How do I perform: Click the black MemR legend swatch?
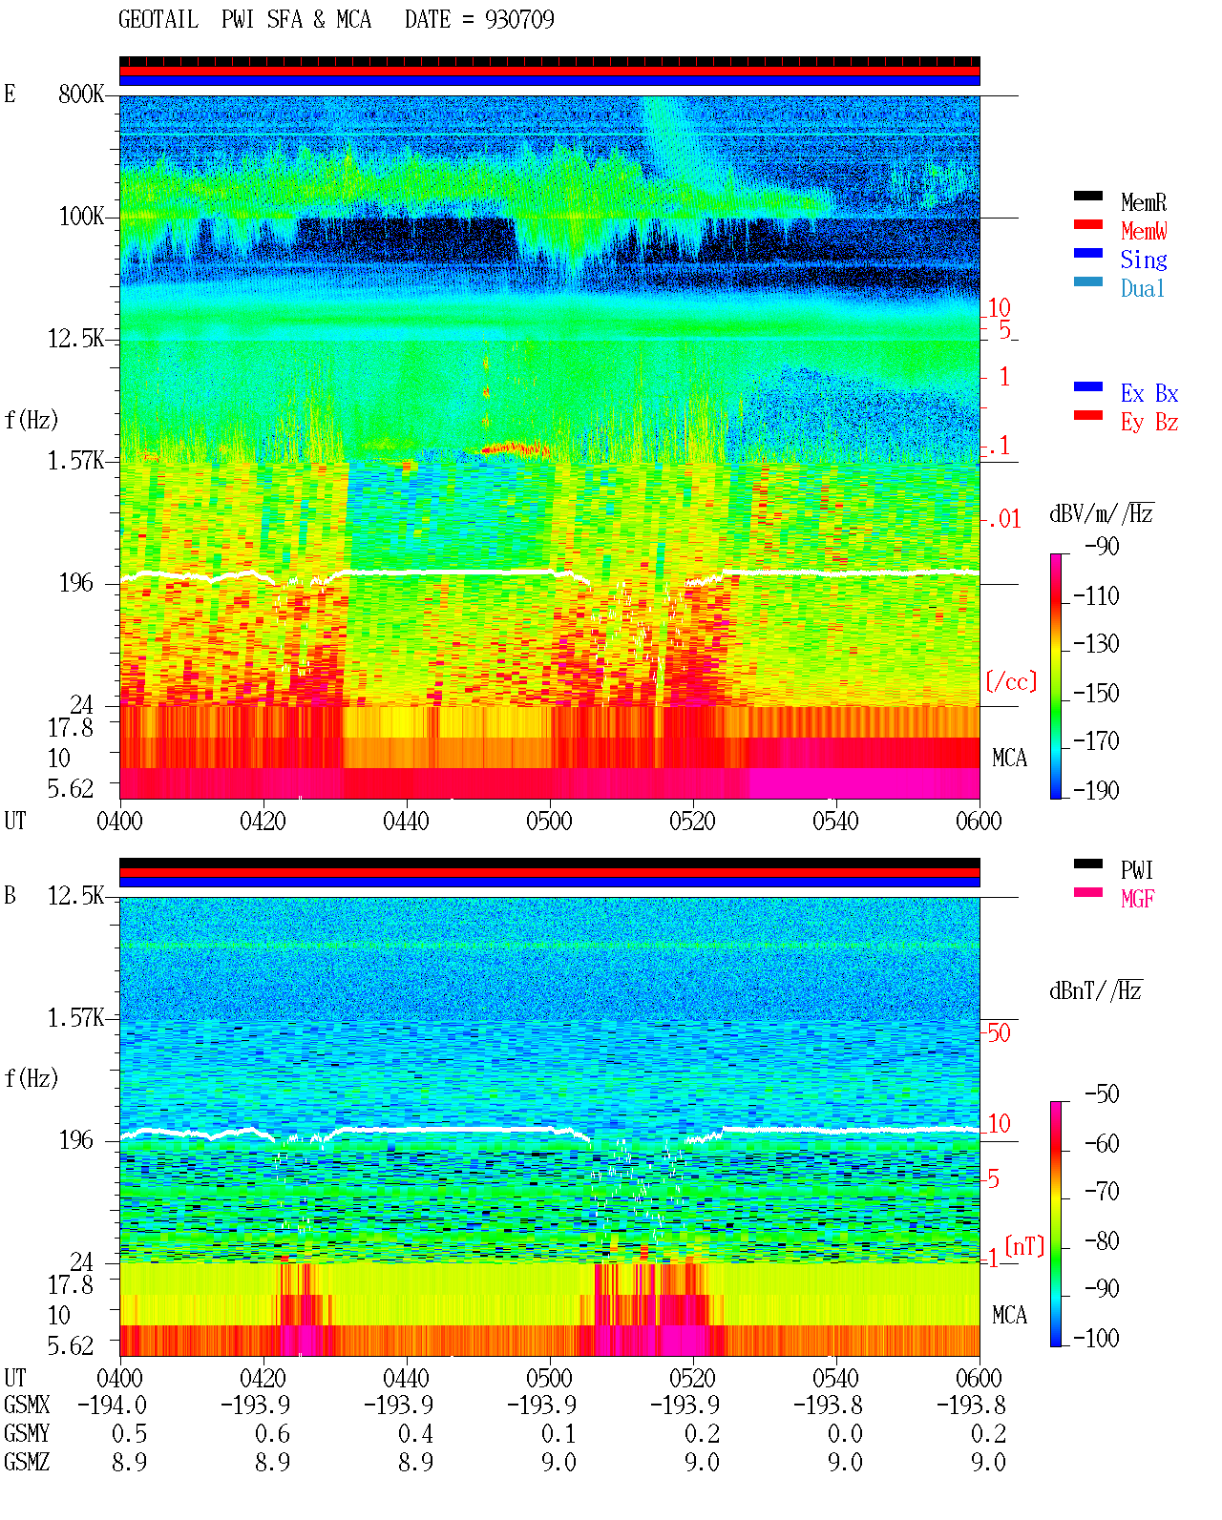(x=1087, y=196)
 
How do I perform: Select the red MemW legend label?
(x=1143, y=231)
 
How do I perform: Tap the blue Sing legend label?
(x=1143, y=260)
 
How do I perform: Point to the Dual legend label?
(x=1142, y=288)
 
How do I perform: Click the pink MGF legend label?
(x=1137, y=899)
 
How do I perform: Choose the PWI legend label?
(x=1136, y=869)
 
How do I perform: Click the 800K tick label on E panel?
(x=81, y=94)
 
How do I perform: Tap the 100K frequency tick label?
(x=81, y=217)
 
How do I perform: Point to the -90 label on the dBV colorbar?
(x=1101, y=546)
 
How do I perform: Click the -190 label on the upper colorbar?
(x=1096, y=790)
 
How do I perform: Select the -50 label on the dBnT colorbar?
(x=1101, y=1094)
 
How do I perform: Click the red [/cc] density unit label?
(x=1011, y=681)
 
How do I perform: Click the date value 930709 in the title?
(x=519, y=19)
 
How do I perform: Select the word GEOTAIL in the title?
(x=158, y=19)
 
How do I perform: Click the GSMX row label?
(x=27, y=1405)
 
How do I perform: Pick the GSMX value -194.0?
(x=112, y=1405)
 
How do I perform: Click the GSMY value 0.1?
(x=558, y=1433)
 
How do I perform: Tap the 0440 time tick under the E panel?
(x=406, y=821)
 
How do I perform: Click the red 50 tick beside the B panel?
(x=999, y=1032)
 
